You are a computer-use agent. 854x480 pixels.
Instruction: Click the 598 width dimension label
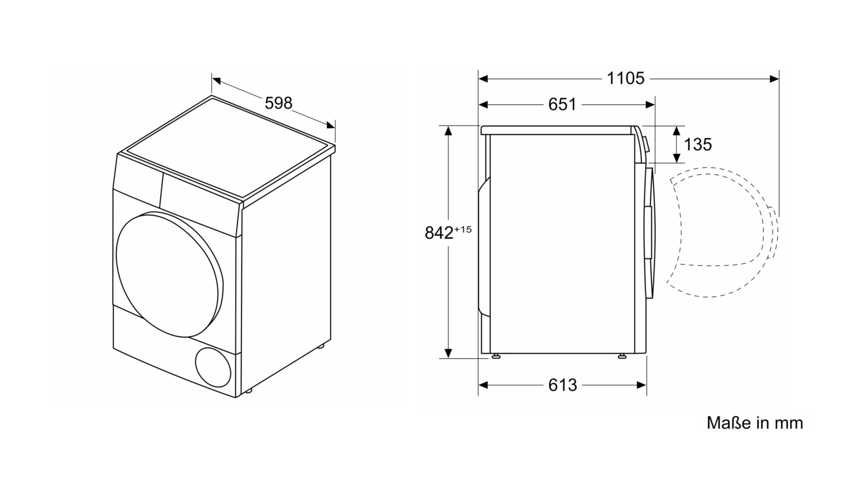pos(279,103)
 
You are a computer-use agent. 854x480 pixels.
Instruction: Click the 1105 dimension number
pos(625,79)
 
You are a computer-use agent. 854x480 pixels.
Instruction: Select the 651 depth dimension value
pos(562,105)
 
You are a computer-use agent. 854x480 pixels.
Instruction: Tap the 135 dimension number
pos(698,145)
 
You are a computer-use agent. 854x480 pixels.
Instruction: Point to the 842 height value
pos(439,233)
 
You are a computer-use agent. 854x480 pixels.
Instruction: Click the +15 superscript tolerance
pos(463,229)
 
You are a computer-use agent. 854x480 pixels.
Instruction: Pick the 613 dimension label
pos(563,385)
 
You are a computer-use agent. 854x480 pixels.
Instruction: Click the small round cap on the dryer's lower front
pos(213,367)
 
